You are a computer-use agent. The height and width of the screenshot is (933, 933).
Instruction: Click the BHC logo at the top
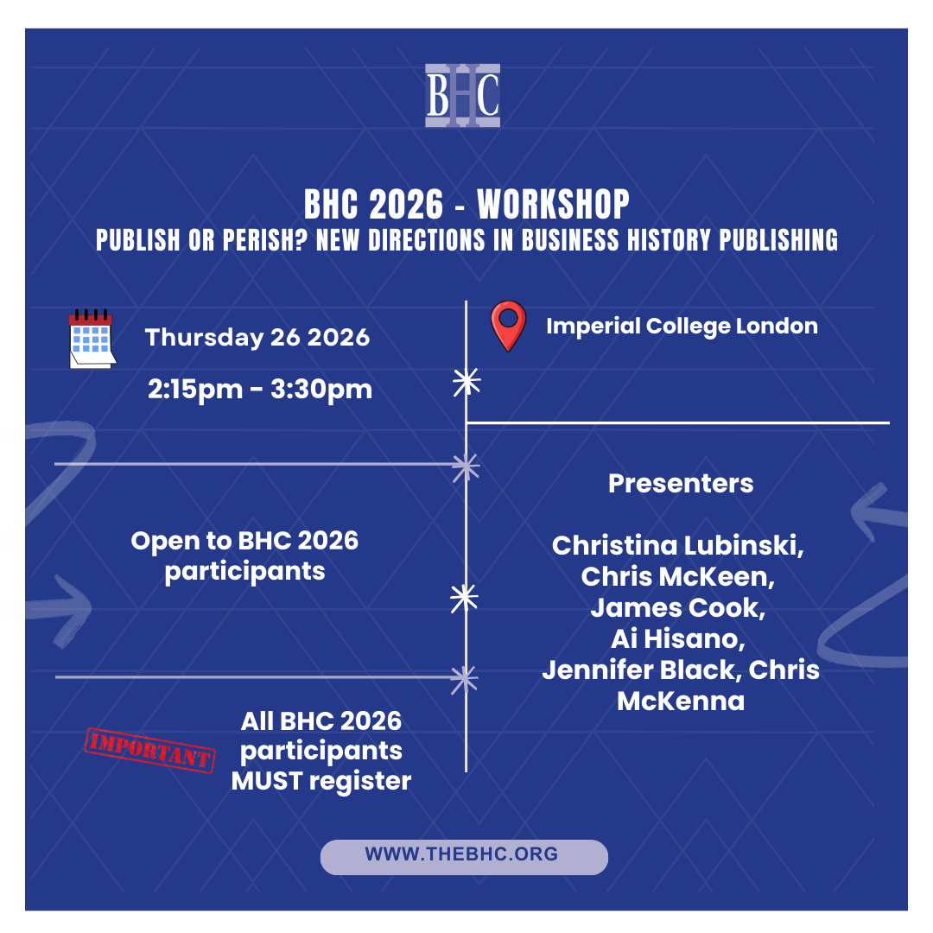462,95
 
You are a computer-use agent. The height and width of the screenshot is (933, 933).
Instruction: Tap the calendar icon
92,339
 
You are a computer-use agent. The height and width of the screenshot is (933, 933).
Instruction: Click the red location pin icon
508,326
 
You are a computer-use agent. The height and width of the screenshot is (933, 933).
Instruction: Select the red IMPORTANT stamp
150,751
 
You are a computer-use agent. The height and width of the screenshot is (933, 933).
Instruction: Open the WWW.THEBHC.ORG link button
464,857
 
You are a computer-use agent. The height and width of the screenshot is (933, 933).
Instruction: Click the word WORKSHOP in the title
553,205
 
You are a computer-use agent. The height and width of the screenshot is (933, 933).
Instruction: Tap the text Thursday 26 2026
257,338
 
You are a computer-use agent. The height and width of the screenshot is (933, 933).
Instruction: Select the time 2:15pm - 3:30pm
260,389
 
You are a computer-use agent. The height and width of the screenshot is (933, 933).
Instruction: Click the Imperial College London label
682,326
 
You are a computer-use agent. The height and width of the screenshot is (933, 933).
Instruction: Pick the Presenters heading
681,483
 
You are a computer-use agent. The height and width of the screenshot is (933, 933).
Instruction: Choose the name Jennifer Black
639,670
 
